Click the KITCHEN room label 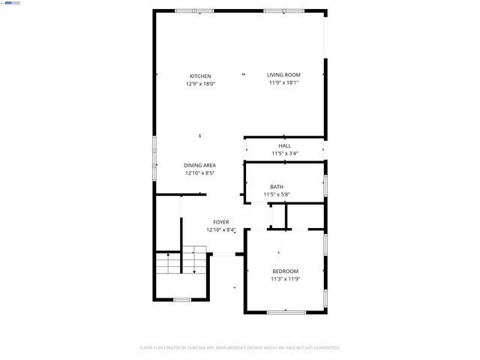200,76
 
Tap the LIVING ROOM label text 283,74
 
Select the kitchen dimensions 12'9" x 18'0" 200,84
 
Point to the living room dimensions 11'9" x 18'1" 283,82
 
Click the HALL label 285,145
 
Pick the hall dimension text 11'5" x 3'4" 285,153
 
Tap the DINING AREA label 200,165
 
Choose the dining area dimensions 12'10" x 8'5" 200,172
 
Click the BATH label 277,187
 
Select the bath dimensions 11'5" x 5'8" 277,194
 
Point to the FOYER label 220,222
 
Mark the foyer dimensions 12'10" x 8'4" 220,229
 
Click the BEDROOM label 285,271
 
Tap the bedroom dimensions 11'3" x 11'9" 285,279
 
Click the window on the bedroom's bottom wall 286,310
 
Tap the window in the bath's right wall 325,185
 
